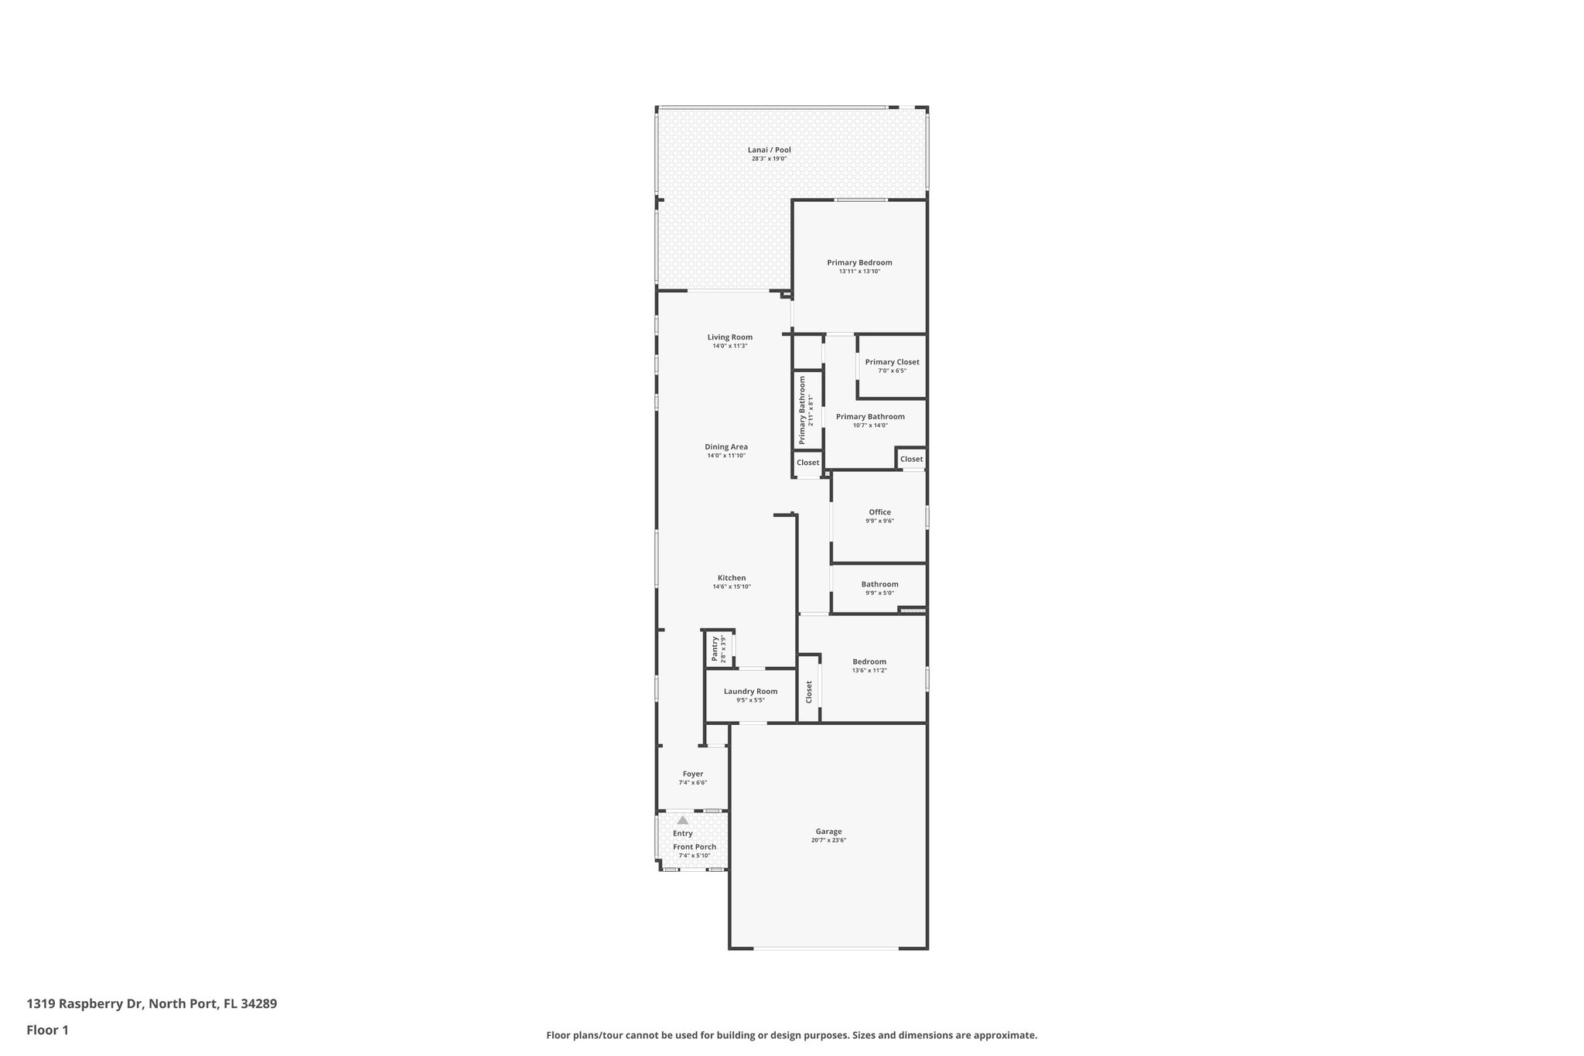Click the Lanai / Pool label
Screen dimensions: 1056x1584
769,150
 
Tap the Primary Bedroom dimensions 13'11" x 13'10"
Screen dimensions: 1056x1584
859,272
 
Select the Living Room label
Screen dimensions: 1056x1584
729,337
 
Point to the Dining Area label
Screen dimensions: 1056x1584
725,446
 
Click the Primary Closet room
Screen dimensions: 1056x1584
892,366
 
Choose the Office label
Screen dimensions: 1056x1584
879,512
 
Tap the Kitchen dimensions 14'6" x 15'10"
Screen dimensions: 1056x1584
731,587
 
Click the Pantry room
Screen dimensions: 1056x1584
719,649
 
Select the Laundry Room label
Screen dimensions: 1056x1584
750,692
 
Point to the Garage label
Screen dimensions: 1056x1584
828,832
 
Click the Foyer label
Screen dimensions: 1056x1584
692,774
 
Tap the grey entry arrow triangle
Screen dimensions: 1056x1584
682,820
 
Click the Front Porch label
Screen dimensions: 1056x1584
694,847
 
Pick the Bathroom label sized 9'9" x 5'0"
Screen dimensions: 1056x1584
879,584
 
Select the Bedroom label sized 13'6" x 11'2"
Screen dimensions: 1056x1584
869,661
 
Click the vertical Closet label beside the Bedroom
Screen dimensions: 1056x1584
809,691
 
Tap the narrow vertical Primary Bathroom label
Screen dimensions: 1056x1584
802,410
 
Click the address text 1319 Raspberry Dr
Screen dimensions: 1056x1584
85,1003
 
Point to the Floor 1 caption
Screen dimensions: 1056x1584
47,1030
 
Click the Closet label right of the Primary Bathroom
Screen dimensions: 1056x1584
911,459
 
